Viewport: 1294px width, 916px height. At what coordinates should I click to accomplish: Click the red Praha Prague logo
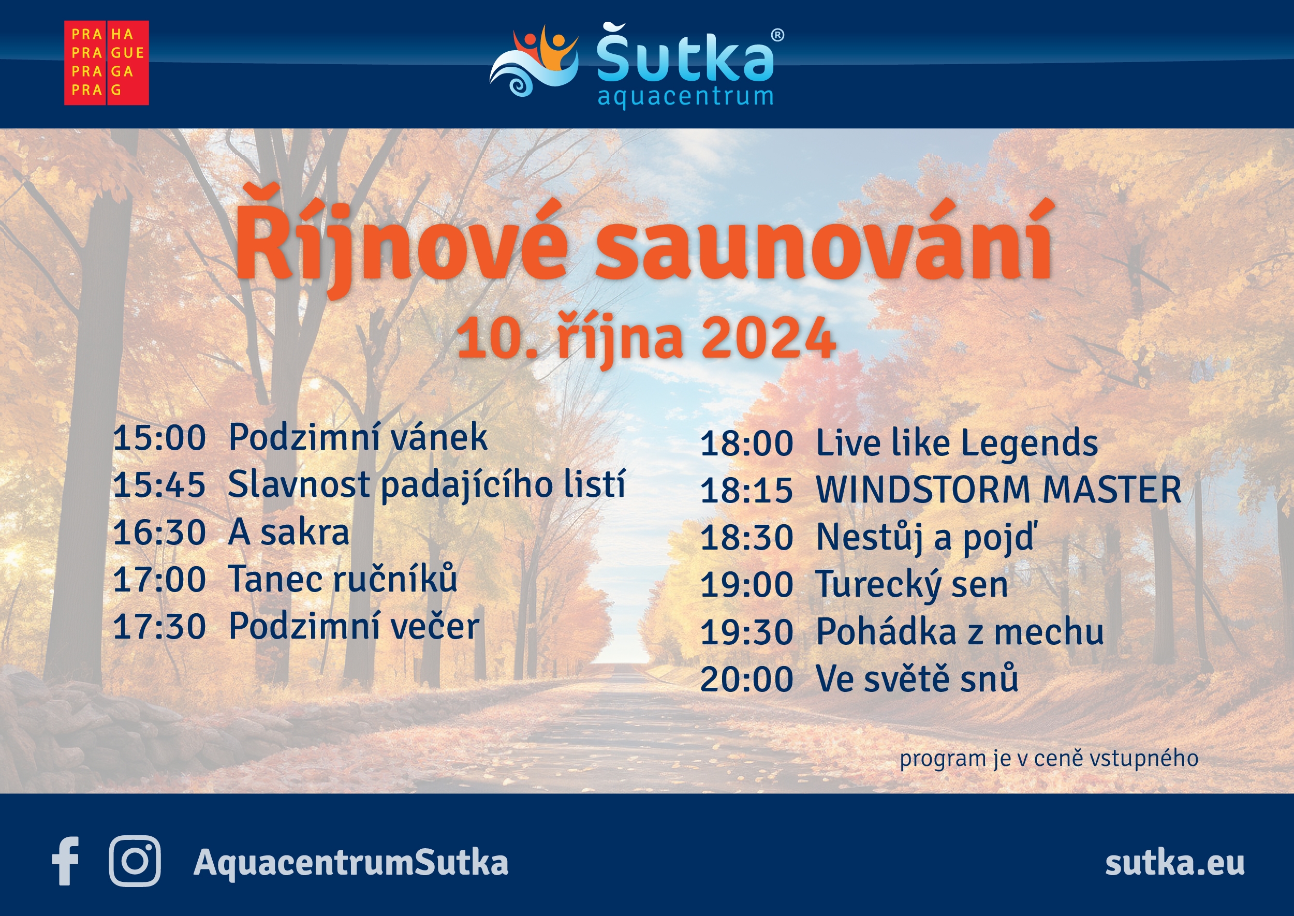(x=107, y=63)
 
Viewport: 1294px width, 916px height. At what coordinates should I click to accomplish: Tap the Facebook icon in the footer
(x=65, y=861)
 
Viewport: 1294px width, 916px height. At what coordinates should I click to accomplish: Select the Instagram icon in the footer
(x=135, y=861)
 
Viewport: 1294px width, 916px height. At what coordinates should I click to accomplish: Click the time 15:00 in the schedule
(x=159, y=438)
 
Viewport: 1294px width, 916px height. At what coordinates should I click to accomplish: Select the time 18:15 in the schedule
(x=747, y=490)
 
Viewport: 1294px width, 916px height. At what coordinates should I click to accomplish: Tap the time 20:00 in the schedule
(x=747, y=679)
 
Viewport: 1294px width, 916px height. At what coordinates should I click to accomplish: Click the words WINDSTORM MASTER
(x=998, y=490)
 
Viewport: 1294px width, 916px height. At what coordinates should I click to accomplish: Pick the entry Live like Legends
(x=957, y=444)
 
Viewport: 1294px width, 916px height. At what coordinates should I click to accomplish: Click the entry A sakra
(x=288, y=533)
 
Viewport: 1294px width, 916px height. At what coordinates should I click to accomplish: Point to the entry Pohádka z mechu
(x=960, y=632)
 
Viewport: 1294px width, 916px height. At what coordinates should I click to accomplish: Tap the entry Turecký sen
(x=911, y=585)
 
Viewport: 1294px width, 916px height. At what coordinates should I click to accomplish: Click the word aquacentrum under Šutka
(x=685, y=96)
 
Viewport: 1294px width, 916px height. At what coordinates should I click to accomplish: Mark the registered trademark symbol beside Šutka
(x=777, y=35)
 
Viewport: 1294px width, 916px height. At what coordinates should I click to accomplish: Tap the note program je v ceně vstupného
(x=1049, y=759)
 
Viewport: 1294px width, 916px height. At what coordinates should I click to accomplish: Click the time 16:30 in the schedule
(x=159, y=533)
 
